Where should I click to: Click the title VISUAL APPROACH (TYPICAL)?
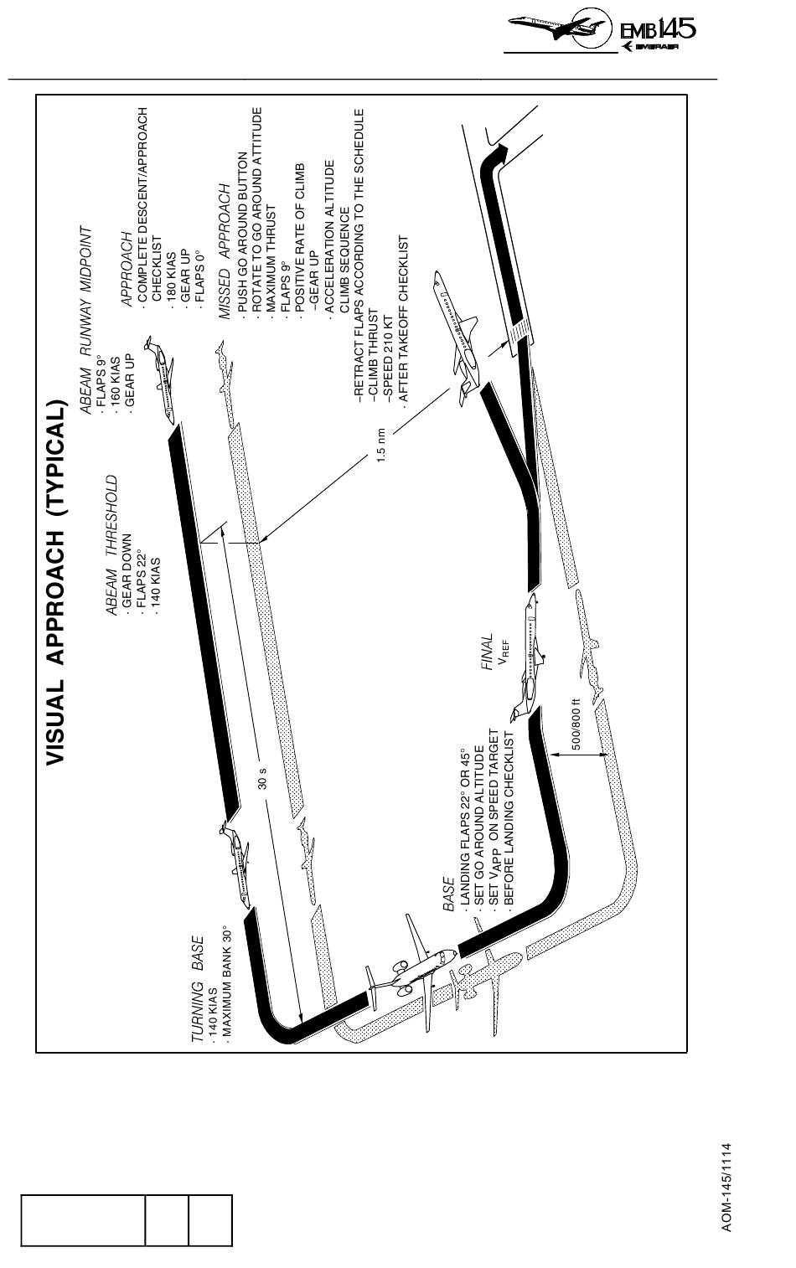pos(56,581)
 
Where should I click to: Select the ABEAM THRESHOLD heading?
pos(111,548)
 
